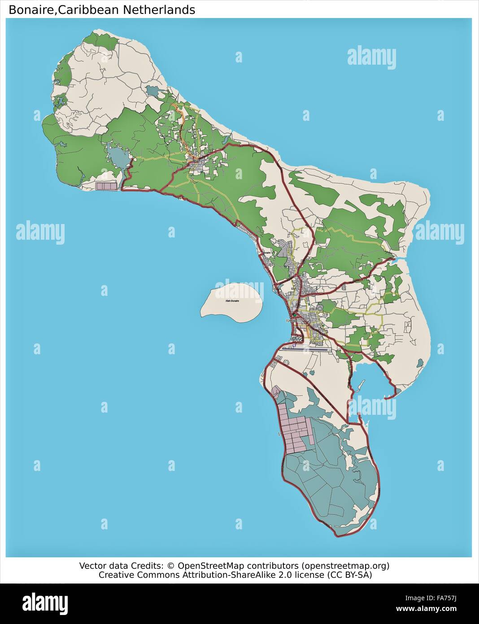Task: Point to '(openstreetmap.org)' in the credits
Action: point(345,565)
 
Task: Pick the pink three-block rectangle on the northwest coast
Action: point(106,186)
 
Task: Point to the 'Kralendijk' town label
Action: point(289,321)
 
